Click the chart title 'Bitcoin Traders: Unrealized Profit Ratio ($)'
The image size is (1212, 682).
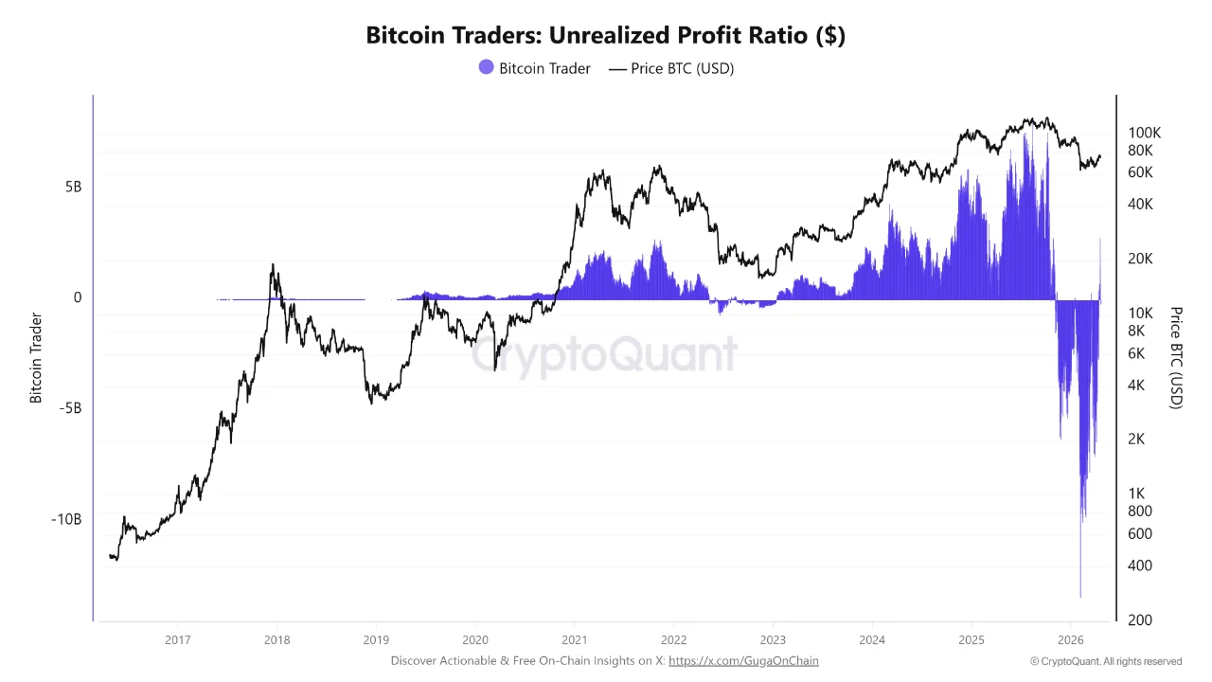pos(605,36)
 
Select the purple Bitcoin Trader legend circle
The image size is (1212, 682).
pos(486,67)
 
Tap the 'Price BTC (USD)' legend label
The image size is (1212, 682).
pos(682,68)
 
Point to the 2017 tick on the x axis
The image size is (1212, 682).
pos(177,639)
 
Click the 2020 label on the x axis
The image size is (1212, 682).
pos(475,639)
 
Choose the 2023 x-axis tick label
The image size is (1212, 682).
pos(773,639)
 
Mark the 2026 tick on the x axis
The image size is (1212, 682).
pos(1070,639)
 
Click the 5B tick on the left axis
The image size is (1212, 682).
pos(73,187)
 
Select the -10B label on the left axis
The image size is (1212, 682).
pos(66,519)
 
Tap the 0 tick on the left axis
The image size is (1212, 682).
pos(78,297)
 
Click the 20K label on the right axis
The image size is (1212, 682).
pos(1140,259)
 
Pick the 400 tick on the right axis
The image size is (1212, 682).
pos(1139,565)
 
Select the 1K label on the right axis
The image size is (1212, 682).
pos(1136,494)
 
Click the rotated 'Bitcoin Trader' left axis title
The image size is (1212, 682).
pos(37,358)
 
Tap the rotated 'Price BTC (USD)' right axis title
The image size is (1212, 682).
pos(1176,357)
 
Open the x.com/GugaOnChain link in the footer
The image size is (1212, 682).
pos(743,660)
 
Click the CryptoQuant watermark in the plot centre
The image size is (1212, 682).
pos(605,355)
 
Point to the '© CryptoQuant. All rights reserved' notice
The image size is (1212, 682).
pos(1106,661)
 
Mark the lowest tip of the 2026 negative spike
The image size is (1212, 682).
pos(1080,598)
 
